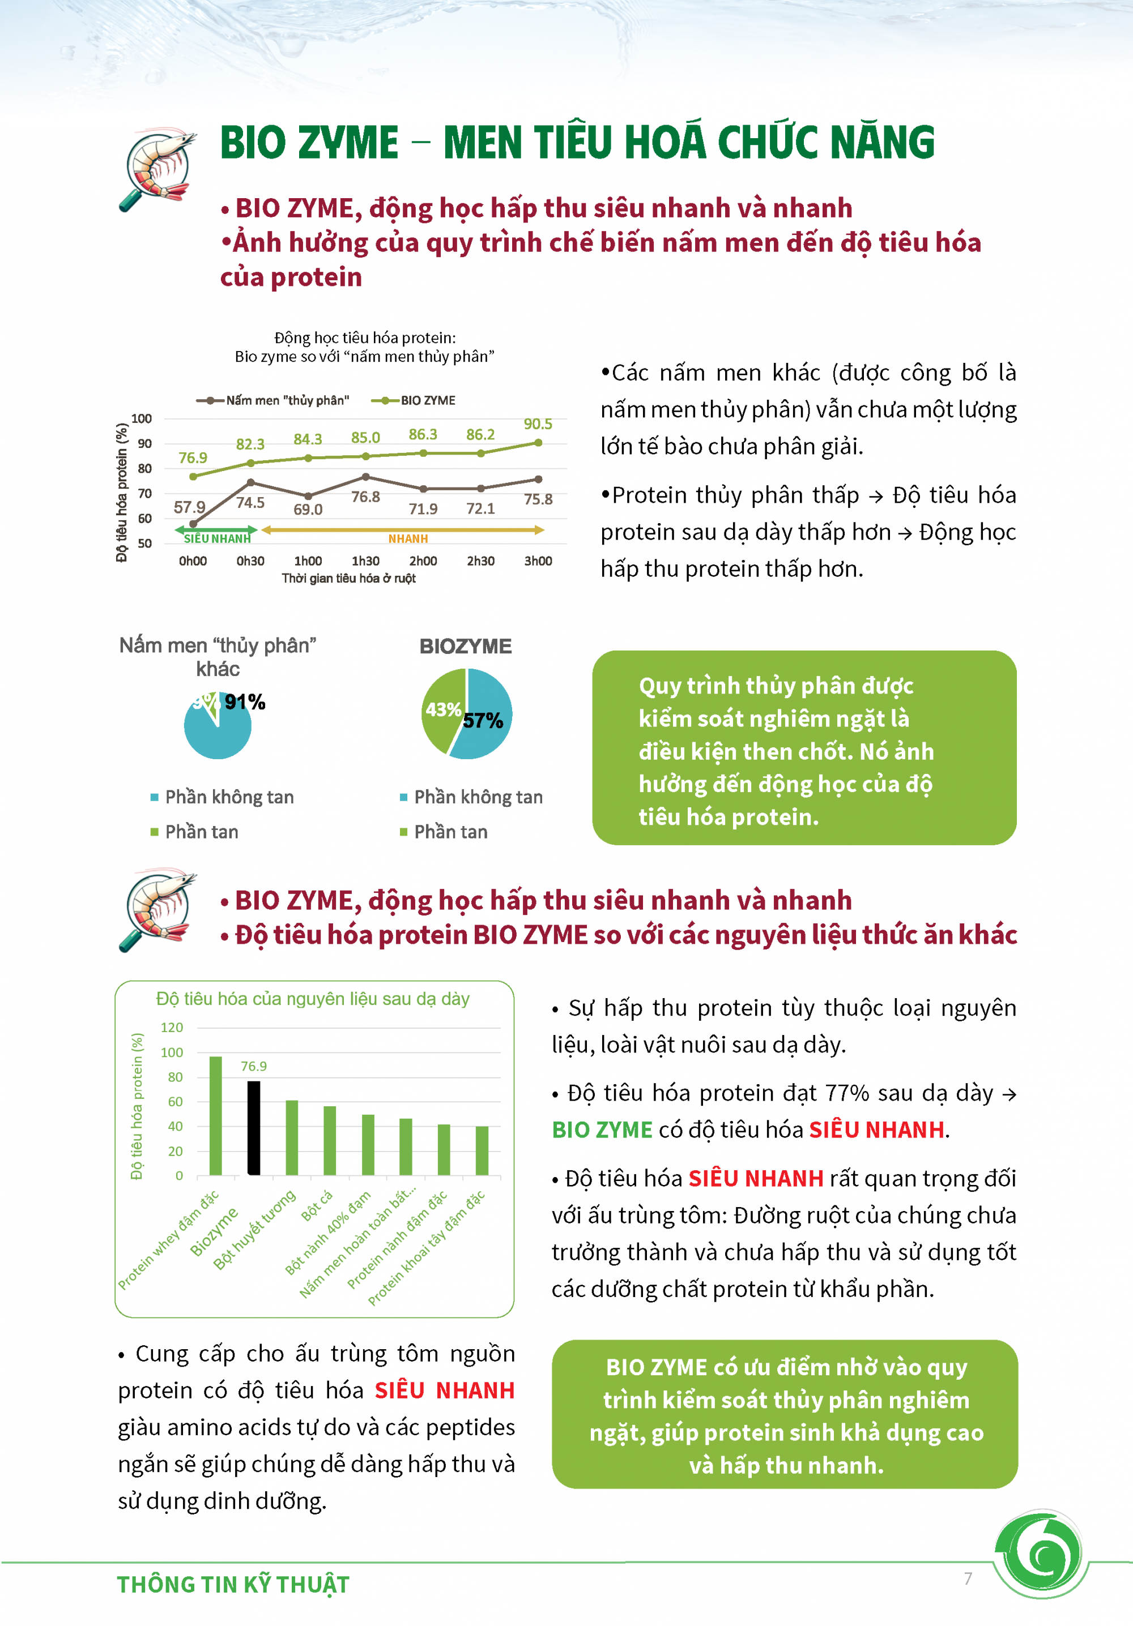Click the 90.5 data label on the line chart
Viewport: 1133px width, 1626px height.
coord(538,423)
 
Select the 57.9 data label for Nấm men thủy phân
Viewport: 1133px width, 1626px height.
coord(189,507)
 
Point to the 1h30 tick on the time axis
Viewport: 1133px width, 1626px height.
coord(365,561)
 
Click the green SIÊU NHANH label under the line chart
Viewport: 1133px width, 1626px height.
coord(217,539)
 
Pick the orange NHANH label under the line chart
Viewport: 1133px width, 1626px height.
coord(408,539)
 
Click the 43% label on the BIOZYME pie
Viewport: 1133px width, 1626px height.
coord(443,709)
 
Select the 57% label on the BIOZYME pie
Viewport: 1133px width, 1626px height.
coord(483,721)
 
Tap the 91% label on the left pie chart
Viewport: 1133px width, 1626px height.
coord(245,702)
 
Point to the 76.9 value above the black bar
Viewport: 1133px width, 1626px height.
coord(254,1067)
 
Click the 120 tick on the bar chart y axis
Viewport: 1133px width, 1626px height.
coord(172,1028)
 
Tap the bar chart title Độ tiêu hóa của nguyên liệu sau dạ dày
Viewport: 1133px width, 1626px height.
coord(313,999)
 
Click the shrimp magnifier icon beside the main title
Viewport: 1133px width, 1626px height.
coord(158,169)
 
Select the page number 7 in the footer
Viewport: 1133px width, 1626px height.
coord(968,1578)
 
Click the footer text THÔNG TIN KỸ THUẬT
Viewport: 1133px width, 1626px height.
coord(233,1585)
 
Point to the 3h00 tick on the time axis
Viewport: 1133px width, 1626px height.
coord(538,561)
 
